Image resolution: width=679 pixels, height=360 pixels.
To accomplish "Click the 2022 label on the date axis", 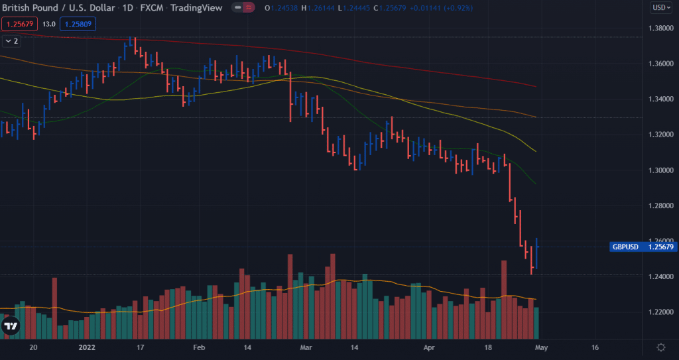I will [88, 347].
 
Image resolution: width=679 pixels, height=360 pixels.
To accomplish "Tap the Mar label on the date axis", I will [305, 347].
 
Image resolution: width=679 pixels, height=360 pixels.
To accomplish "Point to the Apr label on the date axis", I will [429, 347].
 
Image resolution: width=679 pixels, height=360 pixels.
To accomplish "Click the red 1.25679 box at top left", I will [19, 24].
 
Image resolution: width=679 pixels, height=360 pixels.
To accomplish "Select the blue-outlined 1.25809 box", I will [78, 24].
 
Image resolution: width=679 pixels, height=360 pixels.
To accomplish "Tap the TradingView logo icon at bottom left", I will [11, 326].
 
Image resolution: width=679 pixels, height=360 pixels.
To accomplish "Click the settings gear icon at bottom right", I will [660, 347].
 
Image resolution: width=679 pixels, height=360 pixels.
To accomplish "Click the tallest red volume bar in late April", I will [504, 298].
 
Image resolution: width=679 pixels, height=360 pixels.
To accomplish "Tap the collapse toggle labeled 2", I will [11, 41].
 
